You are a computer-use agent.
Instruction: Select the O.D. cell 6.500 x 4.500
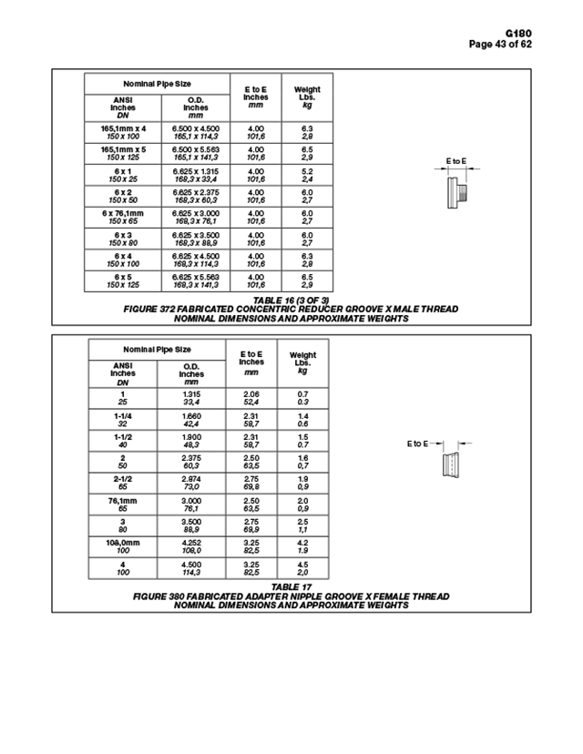coord(196,132)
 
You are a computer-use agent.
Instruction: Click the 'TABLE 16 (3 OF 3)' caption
coord(291,300)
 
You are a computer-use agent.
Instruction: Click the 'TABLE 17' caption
coord(291,586)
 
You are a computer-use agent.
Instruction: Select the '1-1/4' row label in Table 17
coord(122,419)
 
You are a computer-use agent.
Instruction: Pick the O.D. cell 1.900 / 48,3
coord(191,440)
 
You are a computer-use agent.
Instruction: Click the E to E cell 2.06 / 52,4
coord(252,398)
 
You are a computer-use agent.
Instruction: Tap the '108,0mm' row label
coord(122,545)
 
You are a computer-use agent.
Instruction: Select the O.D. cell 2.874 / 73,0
coord(191,482)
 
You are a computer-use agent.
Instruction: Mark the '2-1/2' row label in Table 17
coord(122,482)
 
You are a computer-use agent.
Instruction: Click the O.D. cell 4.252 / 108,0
coord(191,545)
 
